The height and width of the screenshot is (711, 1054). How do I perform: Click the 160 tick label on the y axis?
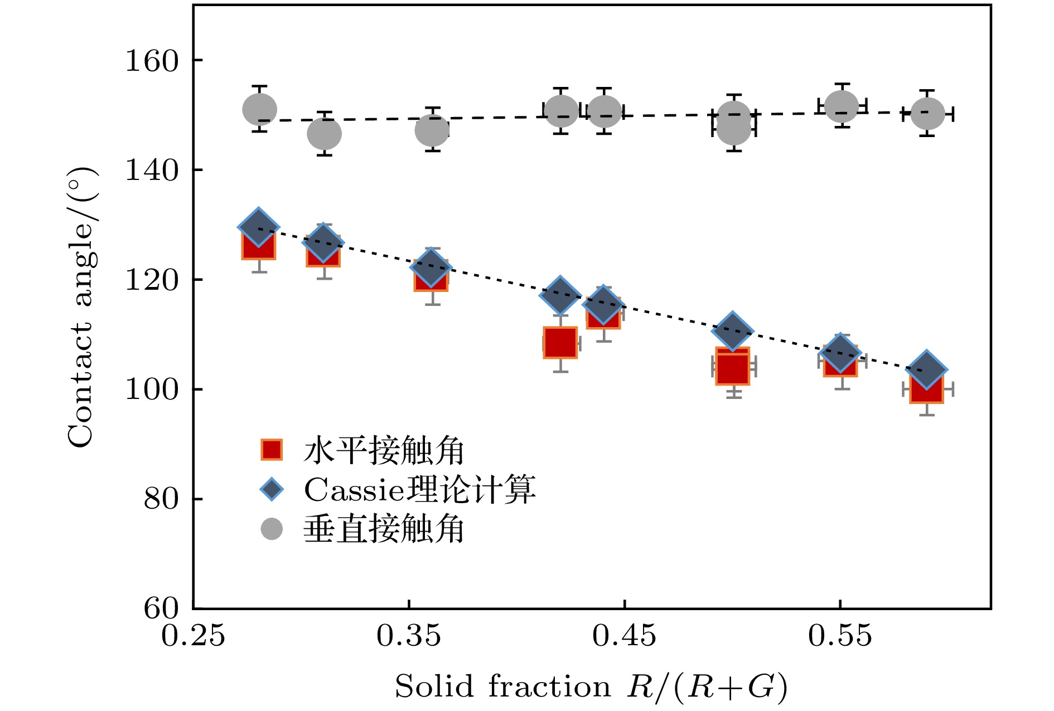pyautogui.click(x=152, y=61)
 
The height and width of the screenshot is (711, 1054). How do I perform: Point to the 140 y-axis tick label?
pyautogui.click(x=152, y=170)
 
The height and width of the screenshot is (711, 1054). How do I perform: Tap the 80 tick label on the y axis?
pyautogui.click(x=161, y=499)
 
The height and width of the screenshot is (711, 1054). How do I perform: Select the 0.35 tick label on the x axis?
pyautogui.click(x=409, y=636)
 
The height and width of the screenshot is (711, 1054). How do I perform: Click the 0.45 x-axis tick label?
pyautogui.click(x=624, y=636)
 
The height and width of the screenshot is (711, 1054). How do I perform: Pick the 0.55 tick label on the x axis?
pyautogui.click(x=840, y=636)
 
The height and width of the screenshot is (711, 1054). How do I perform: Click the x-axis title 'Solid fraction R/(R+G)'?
pyautogui.click(x=591, y=687)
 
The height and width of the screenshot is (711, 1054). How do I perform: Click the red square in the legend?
pyautogui.click(x=272, y=450)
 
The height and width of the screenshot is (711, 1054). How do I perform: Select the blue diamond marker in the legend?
pyautogui.click(x=272, y=490)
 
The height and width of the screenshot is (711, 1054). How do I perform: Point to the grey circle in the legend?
pyautogui.click(x=272, y=529)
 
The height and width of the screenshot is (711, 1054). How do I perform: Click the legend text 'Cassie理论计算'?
pyautogui.click(x=419, y=490)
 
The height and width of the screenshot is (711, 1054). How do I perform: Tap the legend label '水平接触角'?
pyautogui.click(x=384, y=450)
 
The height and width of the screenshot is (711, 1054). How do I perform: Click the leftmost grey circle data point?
pyautogui.click(x=259, y=109)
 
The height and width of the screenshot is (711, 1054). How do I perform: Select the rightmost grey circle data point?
pyautogui.click(x=927, y=114)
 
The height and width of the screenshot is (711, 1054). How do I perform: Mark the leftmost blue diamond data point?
pyautogui.click(x=258, y=227)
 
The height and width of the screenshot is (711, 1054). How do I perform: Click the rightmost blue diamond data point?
pyautogui.click(x=926, y=369)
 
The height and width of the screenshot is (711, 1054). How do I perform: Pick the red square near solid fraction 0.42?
pyautogui.click(x=560, y=342)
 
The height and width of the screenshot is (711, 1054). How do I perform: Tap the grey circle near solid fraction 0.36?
pyautogui.click(x=432, y=130)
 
